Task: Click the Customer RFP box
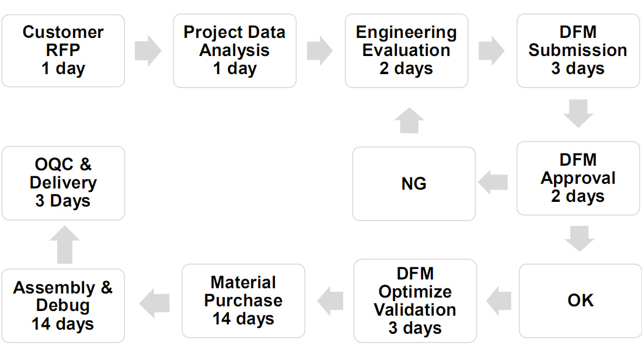[63, 51]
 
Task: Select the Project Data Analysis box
[235, 51]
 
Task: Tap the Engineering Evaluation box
[407, 51]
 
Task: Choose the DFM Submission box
[578, 51]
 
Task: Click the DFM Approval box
[578, 179]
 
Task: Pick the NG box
[414, 184]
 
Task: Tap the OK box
[580, 300]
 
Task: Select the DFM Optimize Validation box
[415, 300]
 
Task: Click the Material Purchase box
[243, 300]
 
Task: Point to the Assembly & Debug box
[63, 306]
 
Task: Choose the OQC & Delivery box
[63, 183]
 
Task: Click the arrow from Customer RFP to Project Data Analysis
[148, 51]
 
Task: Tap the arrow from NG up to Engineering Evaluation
[409, 120]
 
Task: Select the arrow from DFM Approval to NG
[493, 182]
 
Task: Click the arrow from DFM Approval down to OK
[579, 239]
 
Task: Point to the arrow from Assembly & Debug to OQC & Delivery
[65, 244]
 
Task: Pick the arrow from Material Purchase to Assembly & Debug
[154, 303]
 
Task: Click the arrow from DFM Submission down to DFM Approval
[578, 113]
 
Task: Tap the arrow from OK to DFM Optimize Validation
[498, 300]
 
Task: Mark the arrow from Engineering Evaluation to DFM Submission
[491, 51]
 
